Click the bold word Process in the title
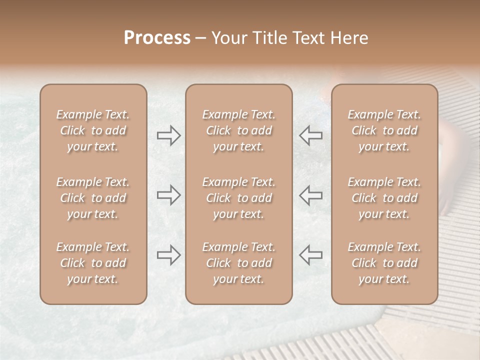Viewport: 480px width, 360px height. pos(157,38)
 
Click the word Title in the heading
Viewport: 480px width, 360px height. pos(270,38)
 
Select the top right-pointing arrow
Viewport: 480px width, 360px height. pos(168,135)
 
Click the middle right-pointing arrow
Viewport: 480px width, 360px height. pos(168,195)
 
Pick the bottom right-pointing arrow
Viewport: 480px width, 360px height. pos(168,255)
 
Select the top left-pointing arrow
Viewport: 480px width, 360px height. pos(310,135)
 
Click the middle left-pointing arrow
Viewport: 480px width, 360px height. pos(310,195)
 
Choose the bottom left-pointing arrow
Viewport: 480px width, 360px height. pos(310,255)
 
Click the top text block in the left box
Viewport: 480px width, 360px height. pos(93,130)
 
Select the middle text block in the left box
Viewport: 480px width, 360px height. pos(93,198)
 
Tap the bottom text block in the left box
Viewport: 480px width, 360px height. pos(93,263)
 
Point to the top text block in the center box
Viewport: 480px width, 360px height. pos(239,130)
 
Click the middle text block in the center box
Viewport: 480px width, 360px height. pos(239,198)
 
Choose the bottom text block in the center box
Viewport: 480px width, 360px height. pos(239,263)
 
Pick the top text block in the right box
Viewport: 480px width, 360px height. pos(384,130)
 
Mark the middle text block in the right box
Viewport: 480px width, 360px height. pos(384,198)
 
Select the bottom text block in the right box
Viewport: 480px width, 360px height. pos(384,263)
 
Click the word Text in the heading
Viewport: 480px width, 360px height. pos(308,38)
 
